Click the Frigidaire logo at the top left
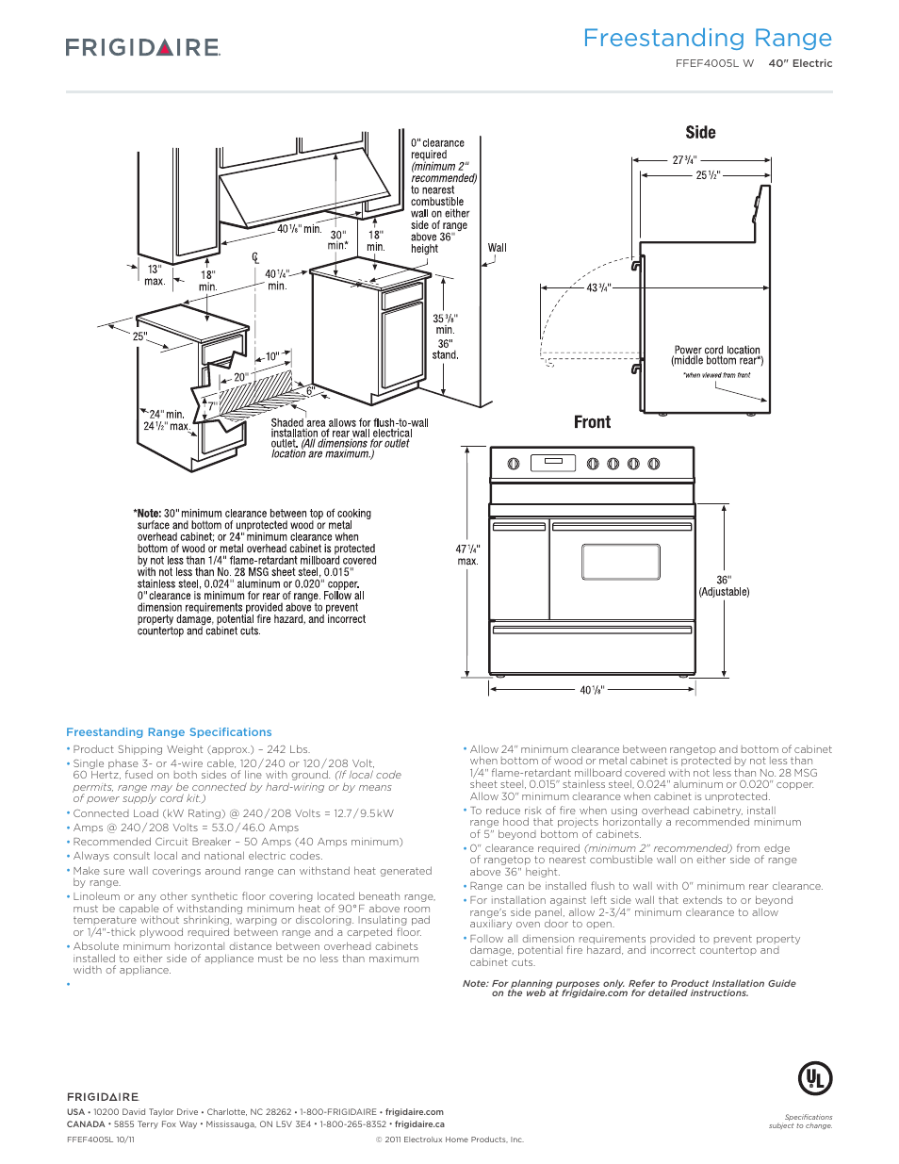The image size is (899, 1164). click(x=143, y=47)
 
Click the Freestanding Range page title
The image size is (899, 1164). click(x=707, y=38)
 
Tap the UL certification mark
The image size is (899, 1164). click(x=815, y=1078)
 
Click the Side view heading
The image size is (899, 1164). click(x=700, y=133)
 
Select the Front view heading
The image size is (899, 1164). click(x=592, y=422)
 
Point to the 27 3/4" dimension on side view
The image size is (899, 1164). click(x=684, y=160)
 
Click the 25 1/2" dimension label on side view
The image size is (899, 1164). click(x=708, y=175)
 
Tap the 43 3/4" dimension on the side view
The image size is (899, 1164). click(x=598, y=287)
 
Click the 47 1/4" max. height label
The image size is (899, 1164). click(x=467, y=554)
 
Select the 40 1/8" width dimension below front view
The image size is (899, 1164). click(x=592, y=690)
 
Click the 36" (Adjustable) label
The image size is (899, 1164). click(x=724, y=586)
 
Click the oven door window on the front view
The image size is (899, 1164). click(x=620, y=562)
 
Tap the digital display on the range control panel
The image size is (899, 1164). click(x=553, y=463)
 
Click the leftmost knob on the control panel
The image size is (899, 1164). click(x=514, y=464)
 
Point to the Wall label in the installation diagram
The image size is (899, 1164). click(x=497, y=248)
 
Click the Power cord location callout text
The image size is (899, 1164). click(x=717, y=355)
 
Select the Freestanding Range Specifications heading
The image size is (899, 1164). click(x=169, y=732)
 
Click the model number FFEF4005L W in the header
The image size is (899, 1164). click(x=714, y=63)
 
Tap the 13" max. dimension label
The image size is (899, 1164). click(x=155, y=274)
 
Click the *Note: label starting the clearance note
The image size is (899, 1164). click(x=148, y=514)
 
